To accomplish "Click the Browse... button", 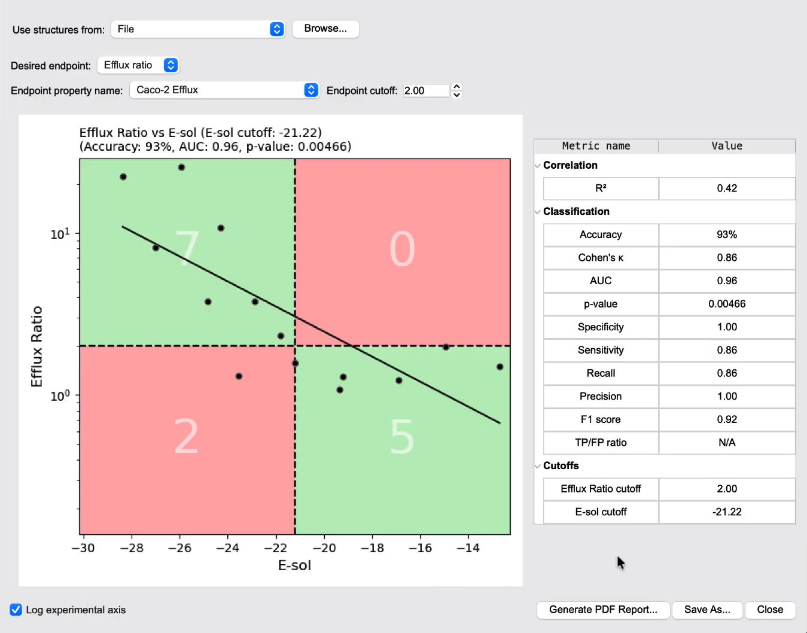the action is coord(325,29).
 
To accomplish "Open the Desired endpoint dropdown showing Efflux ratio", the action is coord(138,65).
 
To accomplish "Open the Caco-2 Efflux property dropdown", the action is coord(224,90).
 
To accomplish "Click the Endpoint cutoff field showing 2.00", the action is coord(426,90).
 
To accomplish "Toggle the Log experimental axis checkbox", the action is coord(16,610).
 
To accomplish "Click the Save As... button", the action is coord(707,610).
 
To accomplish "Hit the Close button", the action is coord(770,610).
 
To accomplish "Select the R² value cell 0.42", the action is coord(727,188).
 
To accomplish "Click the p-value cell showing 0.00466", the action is coord(727,304).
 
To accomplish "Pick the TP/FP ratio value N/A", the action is coord(727,443).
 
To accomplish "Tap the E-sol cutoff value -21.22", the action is coord(727,512).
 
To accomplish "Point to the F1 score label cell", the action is coord(601,419).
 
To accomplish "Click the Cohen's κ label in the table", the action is coord(601,258).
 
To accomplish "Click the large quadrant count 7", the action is coord(187,248).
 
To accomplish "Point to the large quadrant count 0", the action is coord(402,248).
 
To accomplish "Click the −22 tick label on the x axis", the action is coord(276,548).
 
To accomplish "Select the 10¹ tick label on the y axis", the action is coord(60,234).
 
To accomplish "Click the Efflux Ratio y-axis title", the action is coord(36,347).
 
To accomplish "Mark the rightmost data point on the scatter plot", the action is coord(500,367).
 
